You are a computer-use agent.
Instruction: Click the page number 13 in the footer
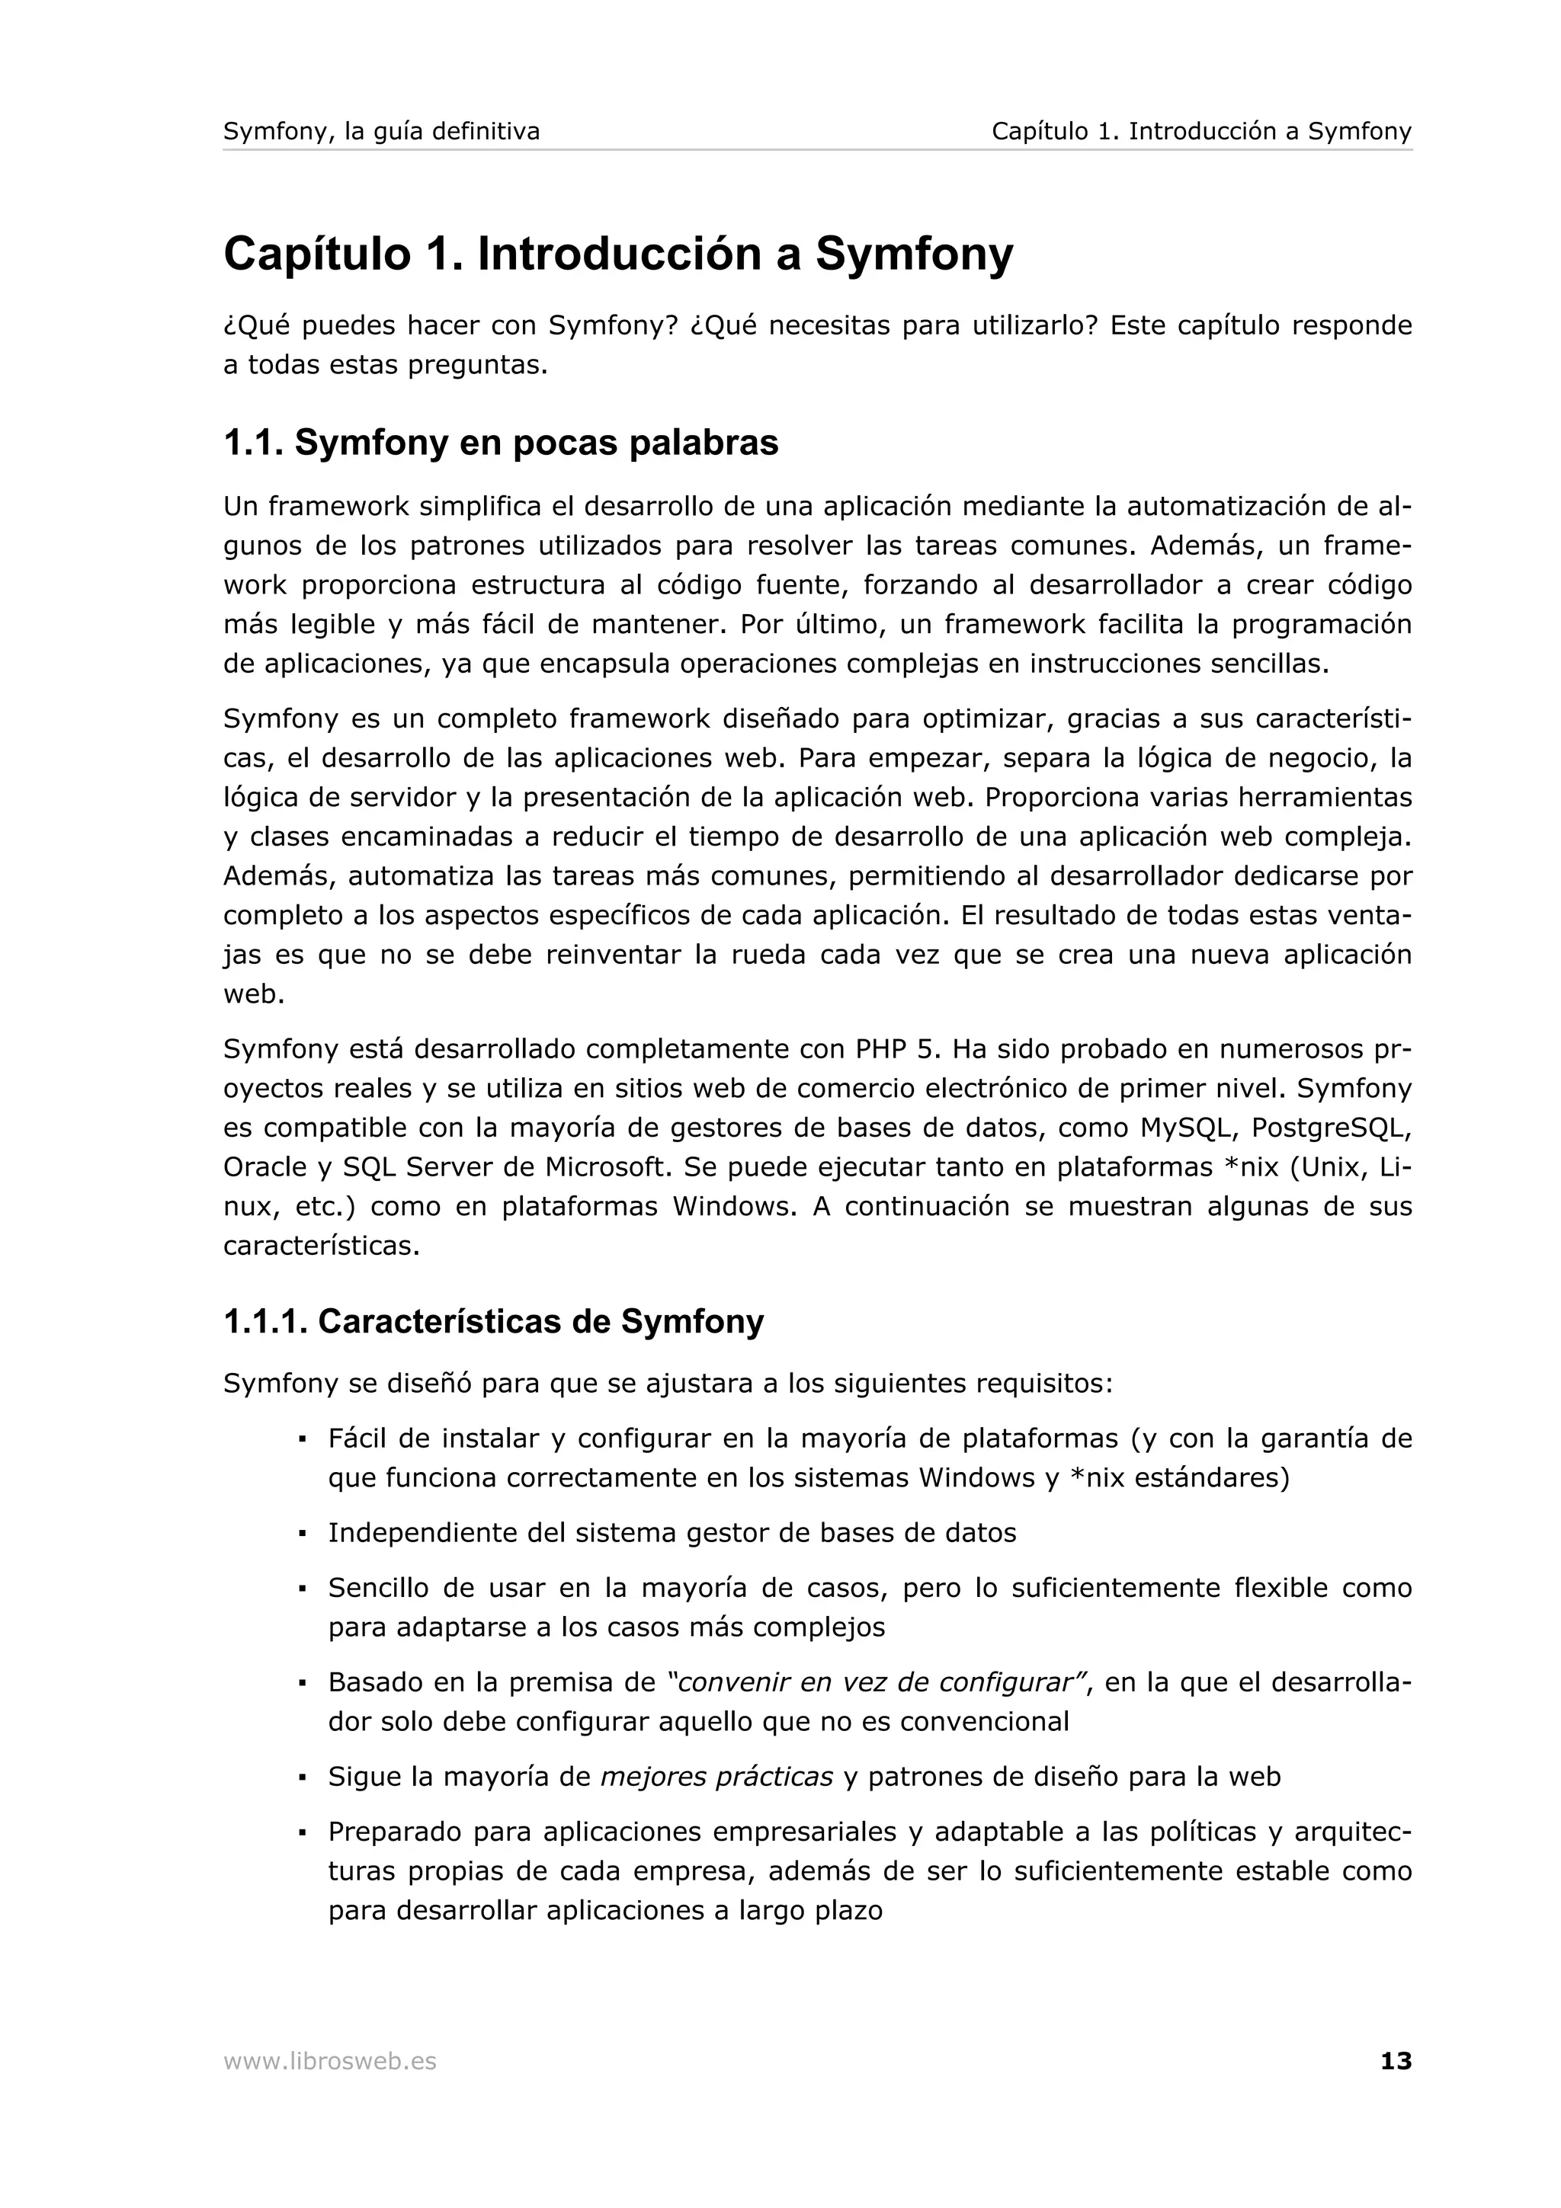[1396, 2061]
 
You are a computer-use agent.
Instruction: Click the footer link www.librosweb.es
[329, 2061]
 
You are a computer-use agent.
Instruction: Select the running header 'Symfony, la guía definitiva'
[381, 131]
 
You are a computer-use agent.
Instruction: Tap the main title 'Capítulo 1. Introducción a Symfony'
[617, 254]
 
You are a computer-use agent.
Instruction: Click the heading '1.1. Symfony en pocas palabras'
[500, 443]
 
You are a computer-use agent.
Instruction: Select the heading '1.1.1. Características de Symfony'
[492, 1321]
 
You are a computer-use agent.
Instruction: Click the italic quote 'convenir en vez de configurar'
[875, 1683]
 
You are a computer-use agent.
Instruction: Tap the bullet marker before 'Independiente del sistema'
[302, 1534]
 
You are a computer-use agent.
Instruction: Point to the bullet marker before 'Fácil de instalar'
[302, 1441]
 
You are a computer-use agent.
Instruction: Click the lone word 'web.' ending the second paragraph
[254, 994]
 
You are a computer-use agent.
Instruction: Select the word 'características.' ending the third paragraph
[321, 1246]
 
